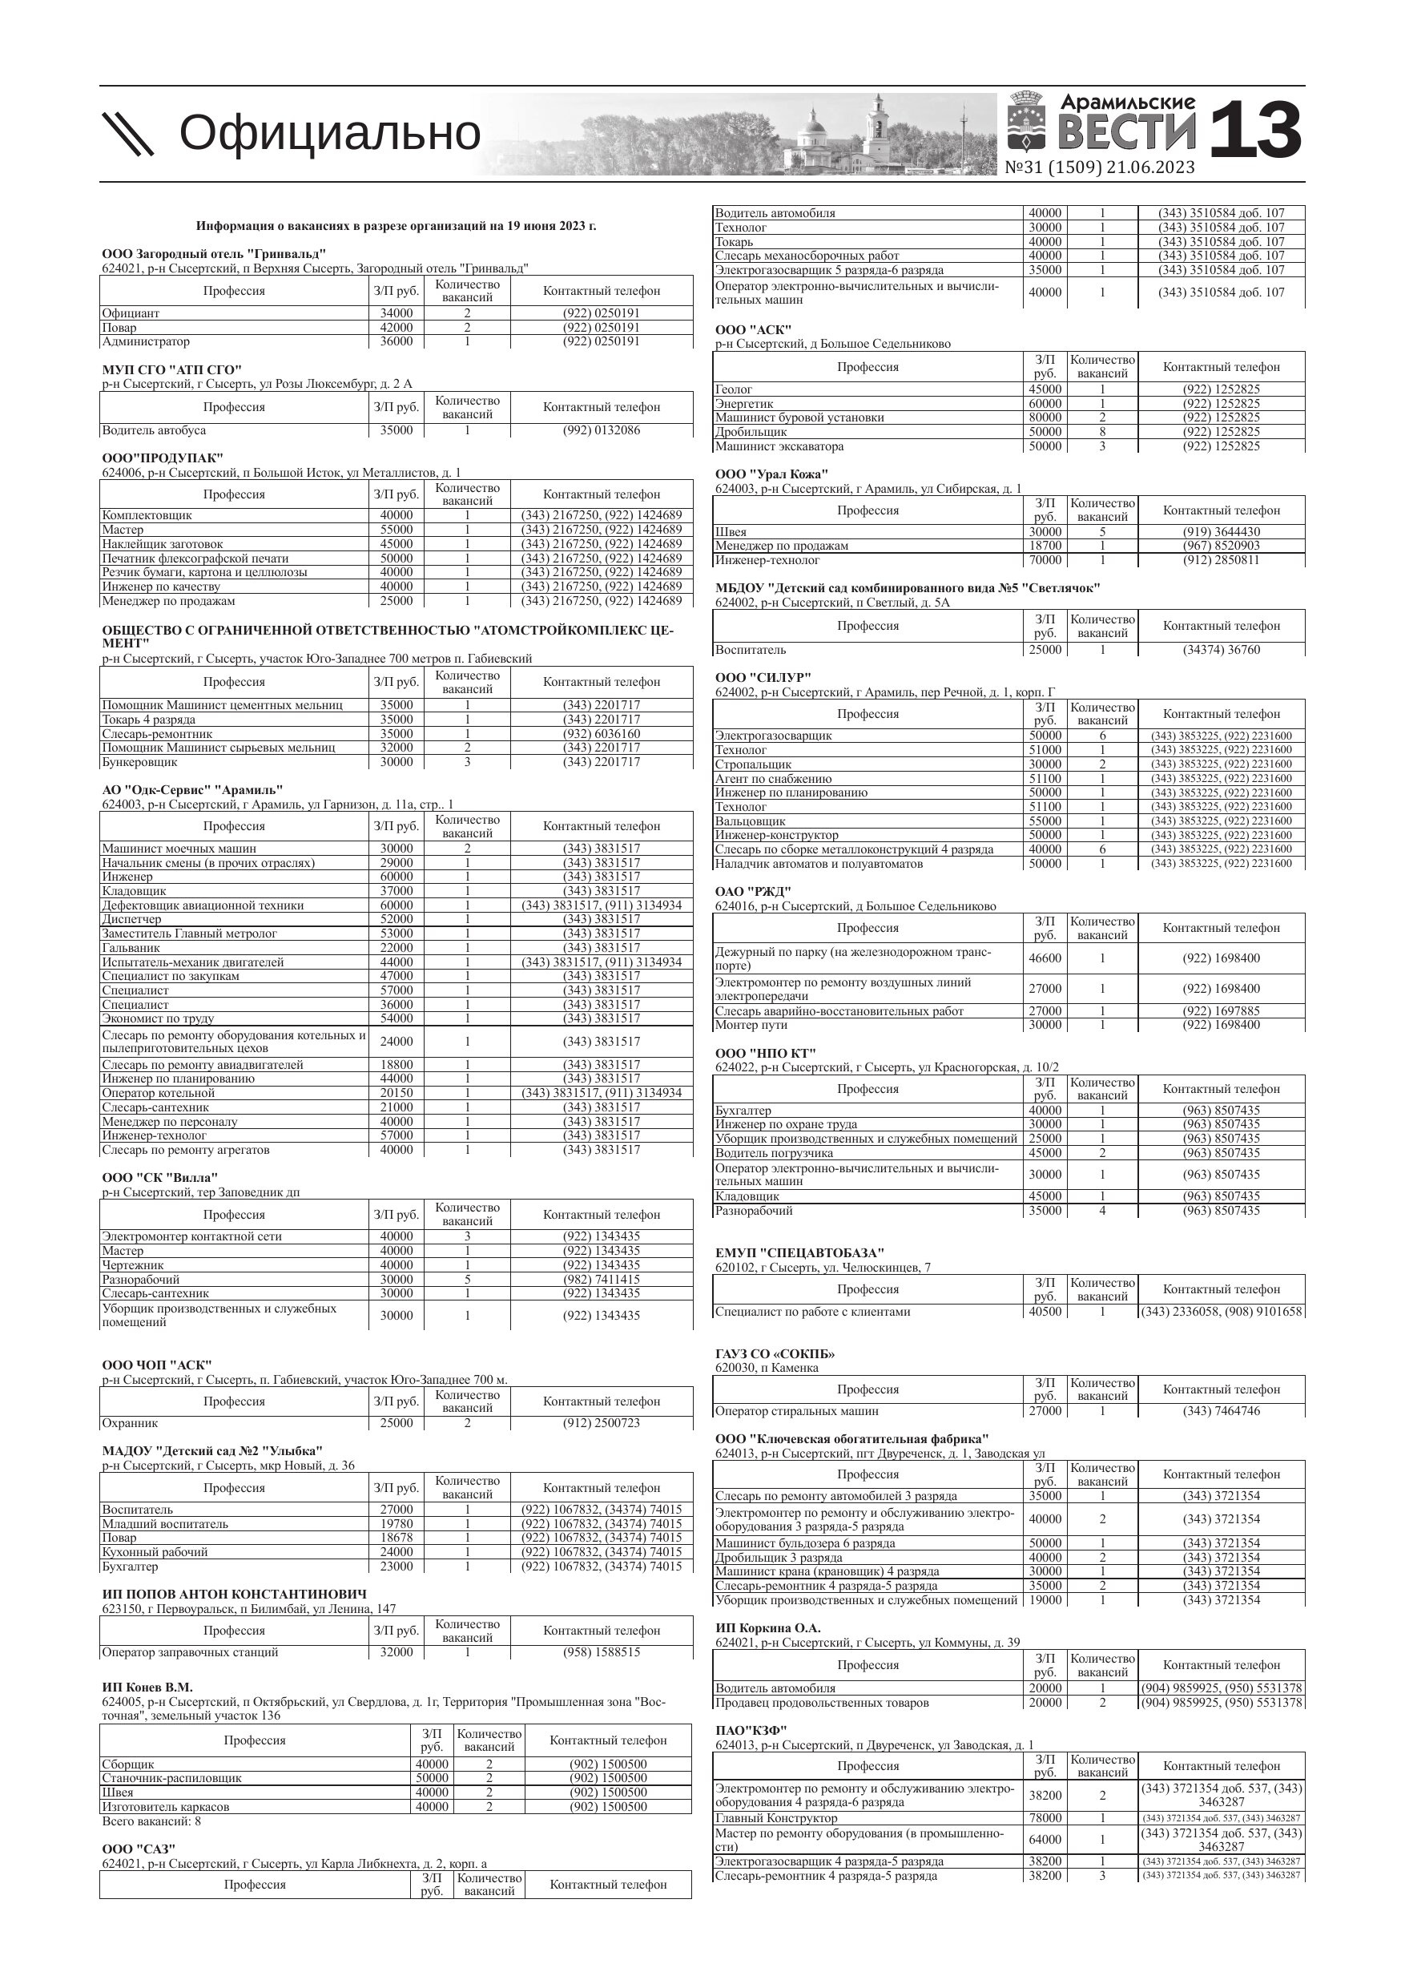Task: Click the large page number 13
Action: point(1254,131)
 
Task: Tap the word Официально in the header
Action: point(329,133)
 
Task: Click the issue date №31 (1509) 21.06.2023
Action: point(1100,168)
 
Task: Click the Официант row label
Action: point(131,313)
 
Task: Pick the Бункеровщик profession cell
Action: point(139,763)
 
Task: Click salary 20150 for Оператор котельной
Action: point(397,1093)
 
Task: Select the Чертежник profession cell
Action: point(132,1265)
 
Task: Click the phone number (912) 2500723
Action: point(601,1422)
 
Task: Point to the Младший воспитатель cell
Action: point(165,1524)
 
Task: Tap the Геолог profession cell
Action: point(734,389)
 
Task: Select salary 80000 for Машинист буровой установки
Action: point(1044,417)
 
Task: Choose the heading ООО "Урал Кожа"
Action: point(771,474)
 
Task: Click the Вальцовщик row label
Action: point(751,821)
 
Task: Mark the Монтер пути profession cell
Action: point(751,1025)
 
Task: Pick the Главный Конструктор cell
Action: point(776,1818)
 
